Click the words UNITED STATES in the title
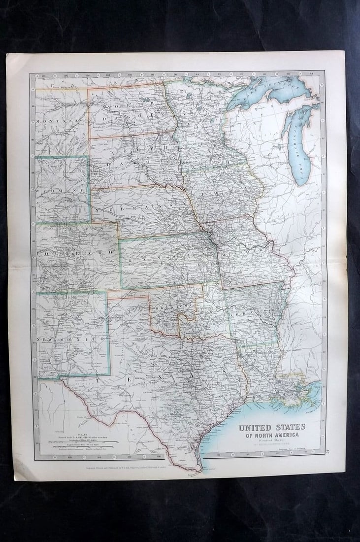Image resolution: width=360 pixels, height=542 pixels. [272, 427]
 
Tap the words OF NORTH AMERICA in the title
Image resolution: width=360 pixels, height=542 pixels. [272, 435]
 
